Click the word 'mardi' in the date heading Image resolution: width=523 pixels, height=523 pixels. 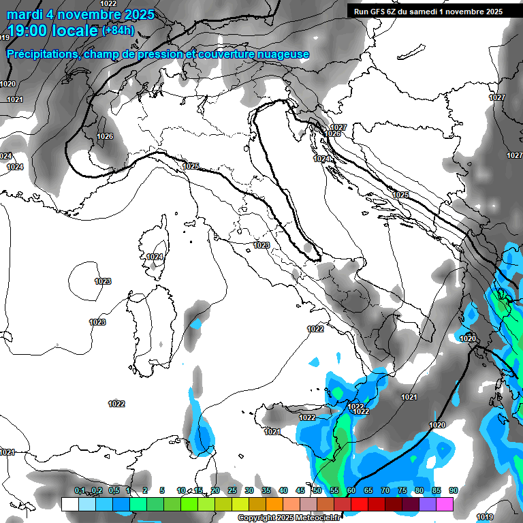(22, 14)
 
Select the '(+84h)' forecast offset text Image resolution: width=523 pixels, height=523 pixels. (118, 31)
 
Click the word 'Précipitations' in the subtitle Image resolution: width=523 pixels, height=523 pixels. (42, 54)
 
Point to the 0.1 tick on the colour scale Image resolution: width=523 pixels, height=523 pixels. (80, 491)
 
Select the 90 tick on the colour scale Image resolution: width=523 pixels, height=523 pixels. (453, 491)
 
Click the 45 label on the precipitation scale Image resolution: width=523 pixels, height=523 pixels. (300, 491)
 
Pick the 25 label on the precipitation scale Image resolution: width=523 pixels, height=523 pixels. (232, 491)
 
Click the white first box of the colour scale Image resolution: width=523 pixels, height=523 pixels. (69, 504)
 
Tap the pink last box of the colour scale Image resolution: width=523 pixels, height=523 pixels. (445, 504)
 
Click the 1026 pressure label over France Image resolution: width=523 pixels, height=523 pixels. (104, 137)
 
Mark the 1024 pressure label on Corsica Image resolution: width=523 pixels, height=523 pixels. (155, 257)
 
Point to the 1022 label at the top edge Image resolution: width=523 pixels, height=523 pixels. (108, 3)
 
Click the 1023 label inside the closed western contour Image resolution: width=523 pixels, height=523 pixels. (103, 281)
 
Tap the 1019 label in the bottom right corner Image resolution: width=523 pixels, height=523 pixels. (484, 516)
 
